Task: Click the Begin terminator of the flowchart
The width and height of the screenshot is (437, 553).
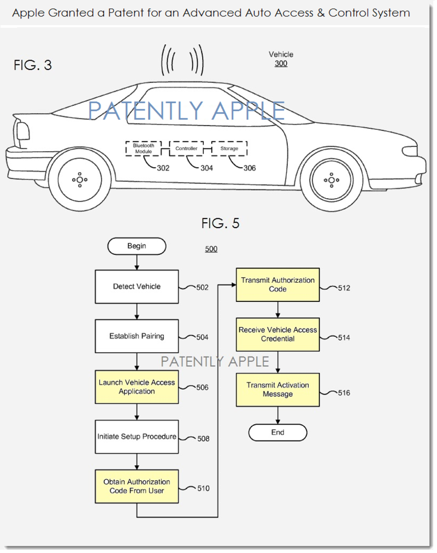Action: click(137, 246)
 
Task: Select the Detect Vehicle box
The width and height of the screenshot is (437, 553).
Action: click(137, 287)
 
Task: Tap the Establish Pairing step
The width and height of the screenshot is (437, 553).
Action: click(137, 336)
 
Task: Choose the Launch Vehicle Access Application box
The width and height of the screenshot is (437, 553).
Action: click(137, 387)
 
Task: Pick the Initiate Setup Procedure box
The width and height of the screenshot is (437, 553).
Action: click(137, 437)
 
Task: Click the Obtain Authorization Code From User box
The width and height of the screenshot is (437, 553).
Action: click(137, 486)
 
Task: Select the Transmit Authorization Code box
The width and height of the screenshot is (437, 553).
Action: click(277, 284)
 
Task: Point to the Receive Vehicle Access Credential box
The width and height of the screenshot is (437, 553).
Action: click(277, 335)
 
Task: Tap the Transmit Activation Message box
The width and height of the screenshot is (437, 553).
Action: click(277, 390)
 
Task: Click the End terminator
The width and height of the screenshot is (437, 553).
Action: click(277, 432)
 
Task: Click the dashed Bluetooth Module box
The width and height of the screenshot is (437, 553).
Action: click(144, 148)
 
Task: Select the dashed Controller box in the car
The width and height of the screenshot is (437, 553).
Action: click(186, 148)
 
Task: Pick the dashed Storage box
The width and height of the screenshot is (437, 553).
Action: click(229, 148)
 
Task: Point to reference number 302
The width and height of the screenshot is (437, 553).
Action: click(163, 168)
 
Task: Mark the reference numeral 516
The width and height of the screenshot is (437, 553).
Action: click(344, 393)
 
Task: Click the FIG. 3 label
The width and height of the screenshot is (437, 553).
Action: click(33, 66)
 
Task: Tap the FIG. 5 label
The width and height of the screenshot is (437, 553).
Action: click(220, 223)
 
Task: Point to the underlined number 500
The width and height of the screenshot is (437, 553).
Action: click(211, 249)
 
